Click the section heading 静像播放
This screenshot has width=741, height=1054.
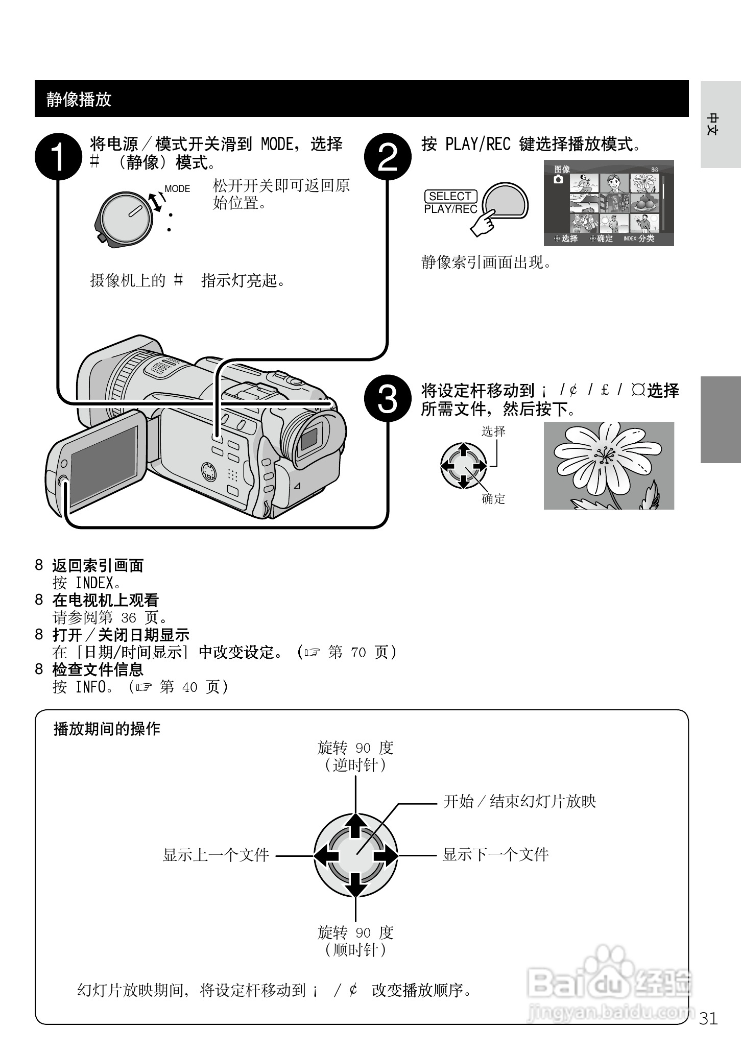pos(79,99)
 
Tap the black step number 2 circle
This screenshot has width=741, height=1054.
pos(388,157)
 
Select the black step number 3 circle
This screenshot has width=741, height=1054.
pos(388,400)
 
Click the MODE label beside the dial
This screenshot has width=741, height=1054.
pos(177,189)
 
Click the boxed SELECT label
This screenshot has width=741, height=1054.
pos(450,196)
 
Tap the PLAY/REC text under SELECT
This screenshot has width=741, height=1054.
pos(450,209)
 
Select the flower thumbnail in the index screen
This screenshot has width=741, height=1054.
pos(645,182)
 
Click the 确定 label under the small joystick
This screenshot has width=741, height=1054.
pos(493,499)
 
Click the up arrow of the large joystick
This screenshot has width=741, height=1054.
pos(355,826)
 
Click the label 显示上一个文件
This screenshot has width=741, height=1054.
pos(216,855)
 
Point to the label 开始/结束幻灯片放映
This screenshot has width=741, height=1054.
pos(519,801)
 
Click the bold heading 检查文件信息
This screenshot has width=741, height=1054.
pos(98,669)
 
